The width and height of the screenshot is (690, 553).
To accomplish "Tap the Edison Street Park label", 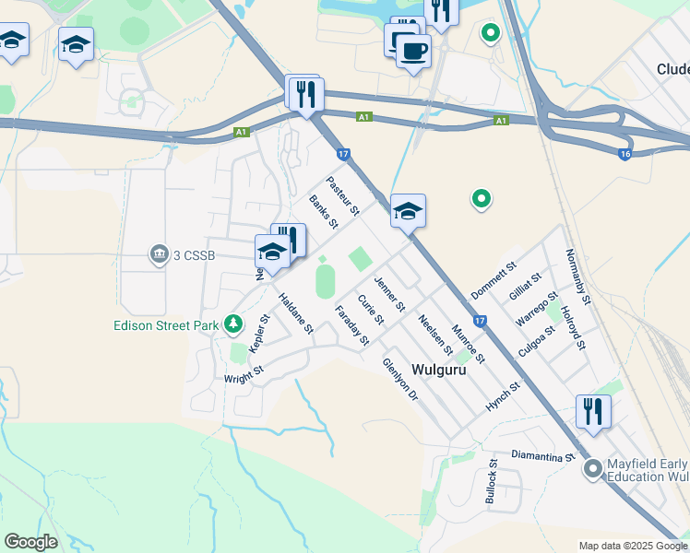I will pyautogui.click(x=166, y=324).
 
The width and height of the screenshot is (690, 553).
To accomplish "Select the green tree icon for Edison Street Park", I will pyautogui.click(x=234, y=324).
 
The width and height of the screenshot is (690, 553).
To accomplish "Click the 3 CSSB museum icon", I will pyautogui.click(x=160, y=253).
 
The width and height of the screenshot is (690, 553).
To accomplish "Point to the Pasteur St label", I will pyautogui.click(x=342, y=197).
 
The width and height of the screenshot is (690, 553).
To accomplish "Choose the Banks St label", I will pyautogui.click(x=324, y=212).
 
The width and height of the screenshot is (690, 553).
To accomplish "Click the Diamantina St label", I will pyautogui.click(x=543, y=456).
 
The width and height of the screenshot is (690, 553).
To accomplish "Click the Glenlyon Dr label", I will pyautogui.click(x=400, y=379).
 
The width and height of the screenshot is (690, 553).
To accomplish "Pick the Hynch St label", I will pyautogui.click(x=503, y=397).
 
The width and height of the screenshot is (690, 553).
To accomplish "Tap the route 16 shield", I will pyautogui.click(x=625, y=154).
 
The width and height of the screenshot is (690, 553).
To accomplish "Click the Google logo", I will pyautogui.click(x=30, y=542).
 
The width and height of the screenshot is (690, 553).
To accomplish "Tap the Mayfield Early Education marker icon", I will pyautogui.click(x=592, y=469).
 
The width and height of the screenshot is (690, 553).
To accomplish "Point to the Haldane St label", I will pyautogui.click(x=296, y=313).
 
